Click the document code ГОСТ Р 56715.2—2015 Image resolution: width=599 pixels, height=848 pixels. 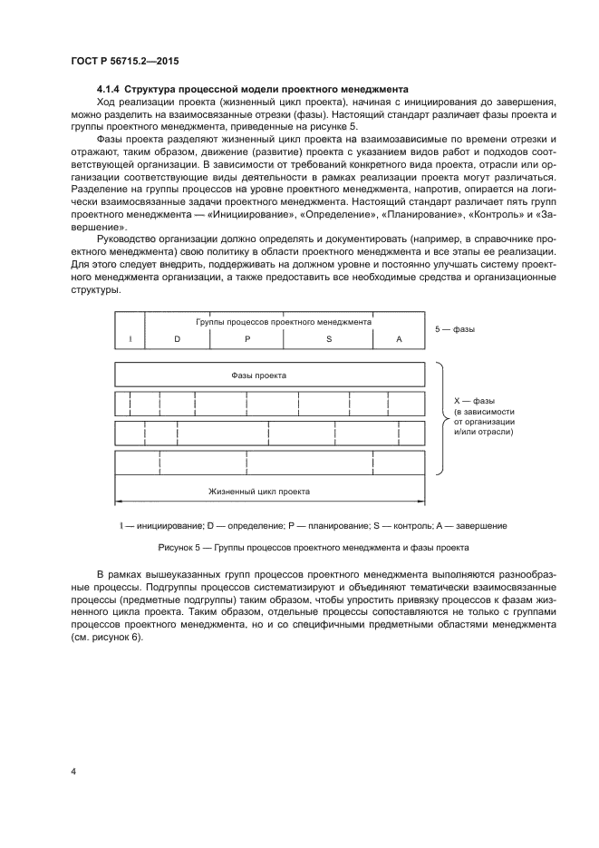pos(125,63)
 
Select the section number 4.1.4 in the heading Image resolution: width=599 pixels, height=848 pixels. pos(108,89)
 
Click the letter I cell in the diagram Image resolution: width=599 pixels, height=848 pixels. pos(130,339)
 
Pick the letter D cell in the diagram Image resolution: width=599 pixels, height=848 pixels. pos(178,339)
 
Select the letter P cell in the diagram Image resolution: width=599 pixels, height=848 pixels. pos(246,339)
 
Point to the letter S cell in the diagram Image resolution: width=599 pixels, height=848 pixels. pos(329,339)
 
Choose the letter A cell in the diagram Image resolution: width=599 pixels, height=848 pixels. pos(399,339)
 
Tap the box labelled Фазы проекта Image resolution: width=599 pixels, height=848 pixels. pos(270,374)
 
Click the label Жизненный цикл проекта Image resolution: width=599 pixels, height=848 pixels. pos(259,491)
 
